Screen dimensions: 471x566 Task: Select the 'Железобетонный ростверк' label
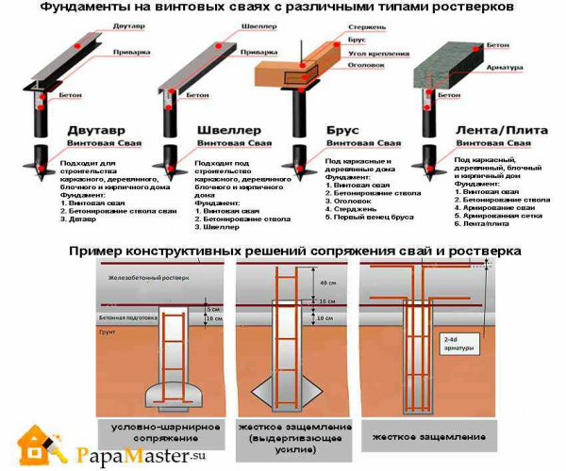[x=149, y=278]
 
